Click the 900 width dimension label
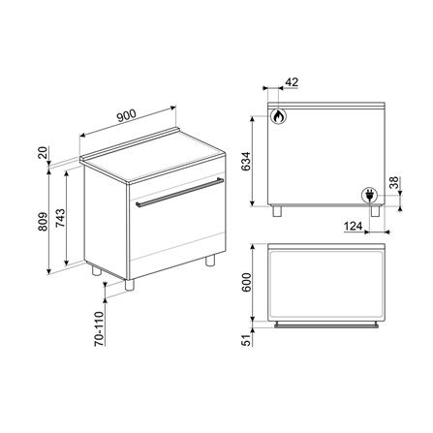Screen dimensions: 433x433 pyautogui.click(x=127, y=115)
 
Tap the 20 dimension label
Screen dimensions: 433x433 pyautogui.click(x=44, y=153)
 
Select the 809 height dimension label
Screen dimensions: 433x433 pyautogui.click(x=43, y=222)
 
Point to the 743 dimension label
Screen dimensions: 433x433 pyautogui.click(x=60, y=219)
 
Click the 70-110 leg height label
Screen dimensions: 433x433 pyautogui.click(x=99, y=328)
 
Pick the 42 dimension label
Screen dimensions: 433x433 pyautogui.click(x=292, y=82)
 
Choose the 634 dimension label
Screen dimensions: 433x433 pyautogui.click(x=246, y=161)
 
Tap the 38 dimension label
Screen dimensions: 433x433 pyautogui.click(x=394, y=183)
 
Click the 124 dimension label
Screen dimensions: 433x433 pyautogui.click(x=353, y=227)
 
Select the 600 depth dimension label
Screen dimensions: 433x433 pyautogui.click(x=246, y=283)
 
